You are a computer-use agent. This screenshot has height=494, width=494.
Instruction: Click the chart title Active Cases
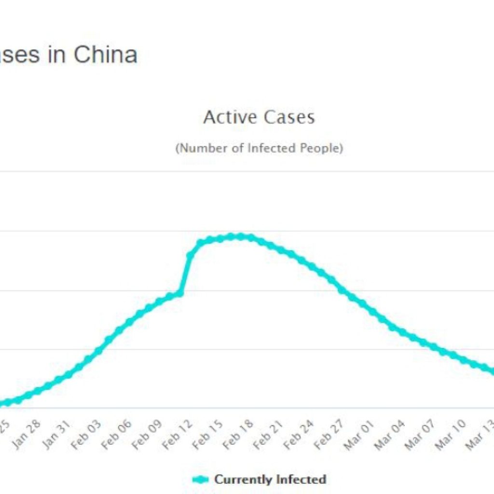point(259,117)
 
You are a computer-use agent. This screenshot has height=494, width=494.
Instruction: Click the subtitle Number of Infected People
point(259,148)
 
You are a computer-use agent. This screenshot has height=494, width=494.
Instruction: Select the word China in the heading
point(105,55)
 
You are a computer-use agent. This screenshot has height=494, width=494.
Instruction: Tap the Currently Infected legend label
point(270,480)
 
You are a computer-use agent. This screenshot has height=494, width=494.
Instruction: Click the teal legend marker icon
point(201,480)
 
